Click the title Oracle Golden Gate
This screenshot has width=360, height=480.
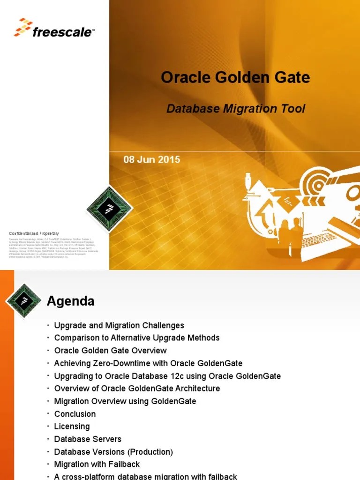click(x=235, y=77)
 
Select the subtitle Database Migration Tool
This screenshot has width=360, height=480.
click(x=236, y=109)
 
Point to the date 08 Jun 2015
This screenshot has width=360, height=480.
click(x=151, y=160)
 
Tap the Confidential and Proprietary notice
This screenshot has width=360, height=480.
click(x=34, y=233)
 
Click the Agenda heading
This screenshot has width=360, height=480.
click(x=70, y=301)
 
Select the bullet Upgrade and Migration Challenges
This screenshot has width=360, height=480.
click(x=119, y=325)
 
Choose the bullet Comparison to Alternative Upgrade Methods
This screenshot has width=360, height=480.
click(x=137, y=337)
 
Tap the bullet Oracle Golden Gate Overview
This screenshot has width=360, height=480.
click(x=110, y=350)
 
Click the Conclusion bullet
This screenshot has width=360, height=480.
click(x=75, y=414)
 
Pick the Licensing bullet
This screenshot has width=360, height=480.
click(x=72, y=427)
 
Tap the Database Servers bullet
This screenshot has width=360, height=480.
click(x=88, y=439)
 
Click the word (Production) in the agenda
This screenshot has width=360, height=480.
click(x=150, y=452)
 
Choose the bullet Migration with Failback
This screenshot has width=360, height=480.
click(x=97, y=465)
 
